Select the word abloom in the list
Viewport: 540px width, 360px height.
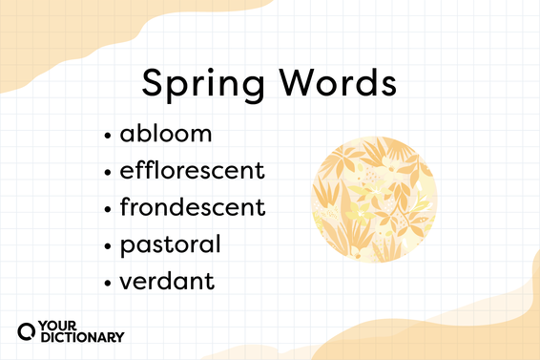pos(166,134)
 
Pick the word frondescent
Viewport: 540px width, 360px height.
pos(192,207)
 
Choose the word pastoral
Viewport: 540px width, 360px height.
pos(171,244)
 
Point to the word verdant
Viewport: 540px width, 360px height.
pos(166,281)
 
